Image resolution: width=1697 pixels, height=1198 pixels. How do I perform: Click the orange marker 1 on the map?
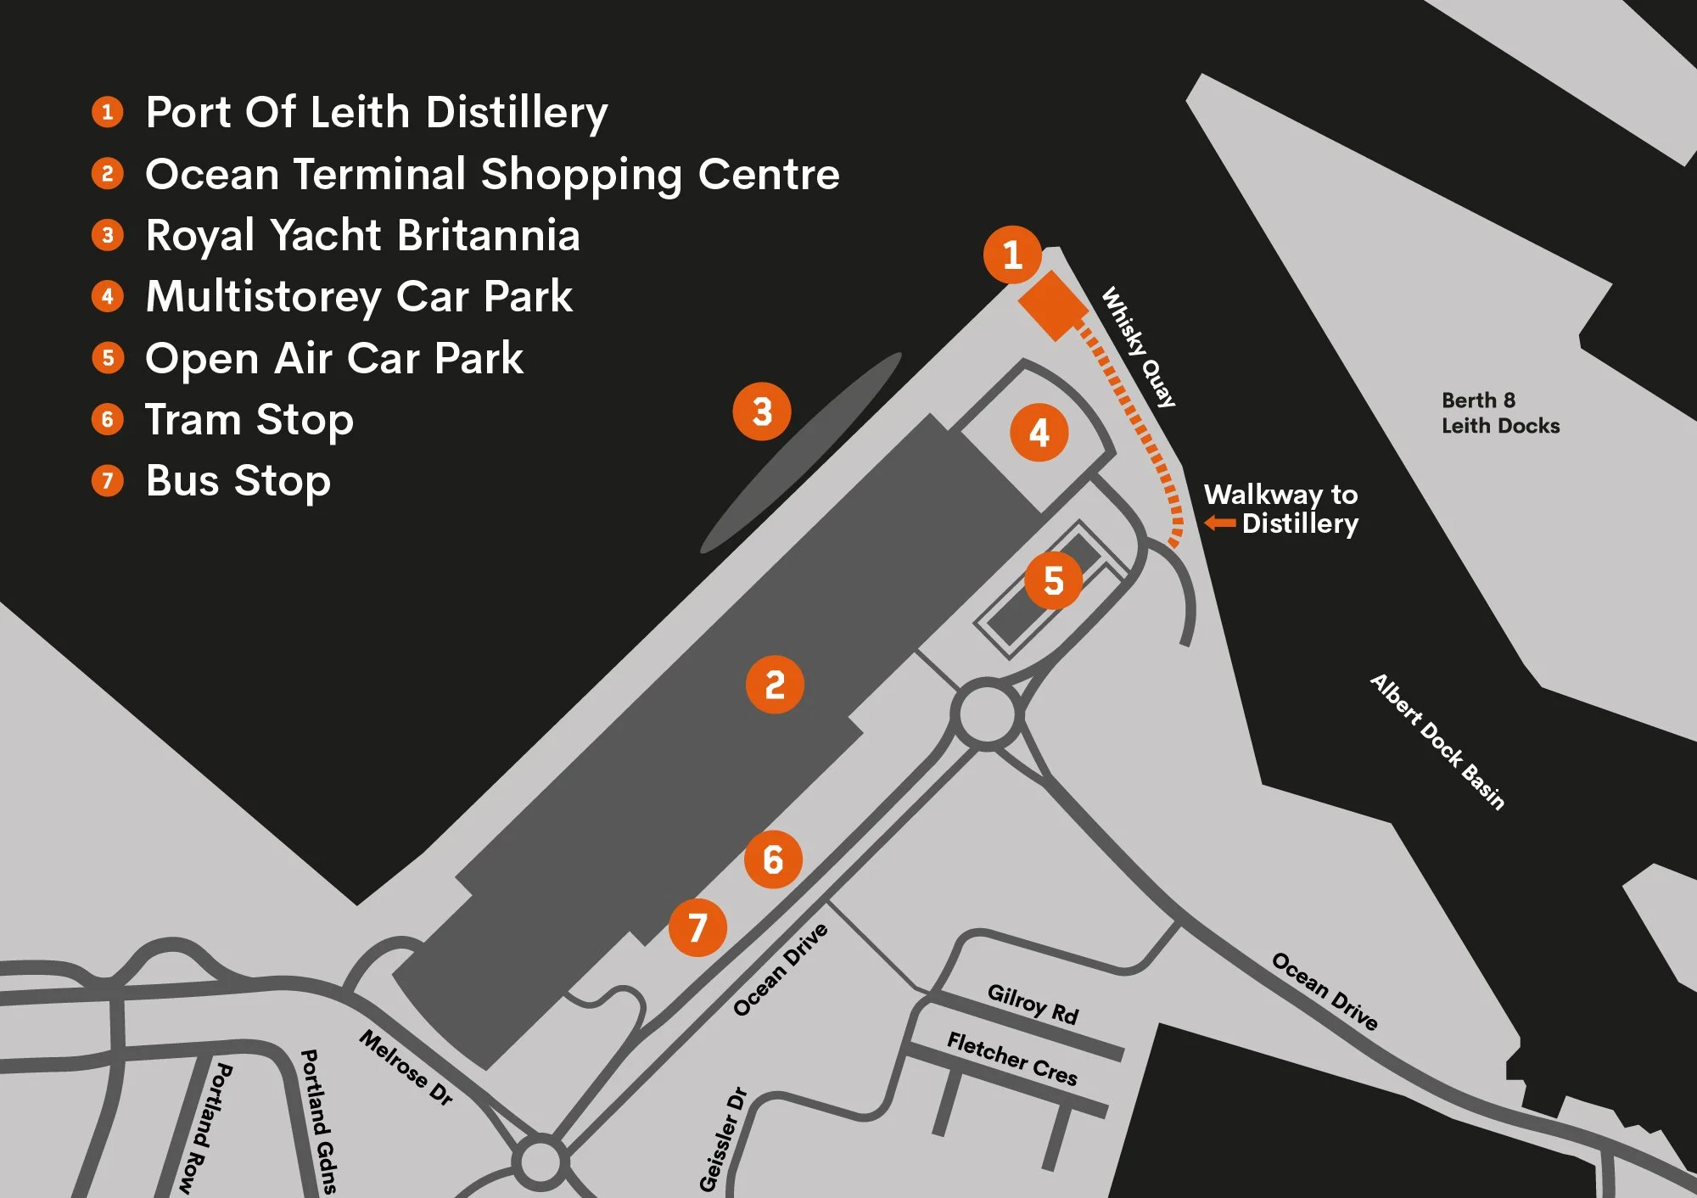1012,255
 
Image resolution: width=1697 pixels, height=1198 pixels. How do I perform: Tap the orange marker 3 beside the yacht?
762,411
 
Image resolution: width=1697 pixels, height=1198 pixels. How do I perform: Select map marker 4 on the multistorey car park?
1039,433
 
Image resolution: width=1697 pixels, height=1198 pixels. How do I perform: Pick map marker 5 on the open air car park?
1053,580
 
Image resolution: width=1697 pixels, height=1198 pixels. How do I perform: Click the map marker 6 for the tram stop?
773,859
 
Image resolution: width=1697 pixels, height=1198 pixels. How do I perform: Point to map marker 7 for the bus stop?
697,927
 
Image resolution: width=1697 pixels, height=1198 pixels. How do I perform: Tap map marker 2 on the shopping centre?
775,684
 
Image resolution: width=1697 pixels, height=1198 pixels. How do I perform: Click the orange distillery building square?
1053,305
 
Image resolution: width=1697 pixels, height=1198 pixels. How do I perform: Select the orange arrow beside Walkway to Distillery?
1220,523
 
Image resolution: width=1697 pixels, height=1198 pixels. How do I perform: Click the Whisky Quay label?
1139,347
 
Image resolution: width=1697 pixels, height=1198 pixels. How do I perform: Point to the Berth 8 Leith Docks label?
1500,413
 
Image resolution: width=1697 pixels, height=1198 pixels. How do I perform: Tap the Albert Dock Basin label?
1437,742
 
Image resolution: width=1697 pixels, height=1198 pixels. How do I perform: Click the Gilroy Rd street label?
1033,1004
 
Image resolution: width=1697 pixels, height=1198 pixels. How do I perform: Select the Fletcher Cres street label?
1012,1058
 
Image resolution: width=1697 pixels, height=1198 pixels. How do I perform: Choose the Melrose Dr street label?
406,1066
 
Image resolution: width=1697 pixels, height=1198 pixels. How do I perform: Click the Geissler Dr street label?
723,1139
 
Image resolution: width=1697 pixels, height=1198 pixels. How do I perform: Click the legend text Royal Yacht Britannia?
363,235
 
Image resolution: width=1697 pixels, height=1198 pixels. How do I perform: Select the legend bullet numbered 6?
108,419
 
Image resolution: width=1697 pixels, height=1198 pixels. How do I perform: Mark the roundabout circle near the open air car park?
987,714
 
